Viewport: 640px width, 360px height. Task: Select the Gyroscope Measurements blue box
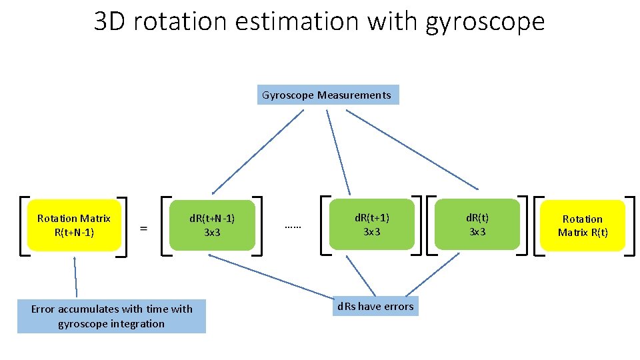[x=327, y=95]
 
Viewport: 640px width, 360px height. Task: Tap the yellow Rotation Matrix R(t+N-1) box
[x=74, y=225]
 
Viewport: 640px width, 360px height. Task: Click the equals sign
[x=143, y=227]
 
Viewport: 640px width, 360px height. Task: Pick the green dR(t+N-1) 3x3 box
[x=212, y=225]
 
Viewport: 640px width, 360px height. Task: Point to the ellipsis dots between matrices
[x=293, y=226]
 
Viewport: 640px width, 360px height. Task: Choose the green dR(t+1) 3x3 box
[x=372, y=225]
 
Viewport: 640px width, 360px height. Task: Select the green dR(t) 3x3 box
[x=477, y=225]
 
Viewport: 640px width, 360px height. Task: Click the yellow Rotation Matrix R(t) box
[x=583, y=225]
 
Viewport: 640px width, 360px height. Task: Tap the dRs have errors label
[x=375, y=306]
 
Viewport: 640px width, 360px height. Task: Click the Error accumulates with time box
[x=111, y=316]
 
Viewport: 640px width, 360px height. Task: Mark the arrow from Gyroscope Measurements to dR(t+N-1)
[x=257, y=151]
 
